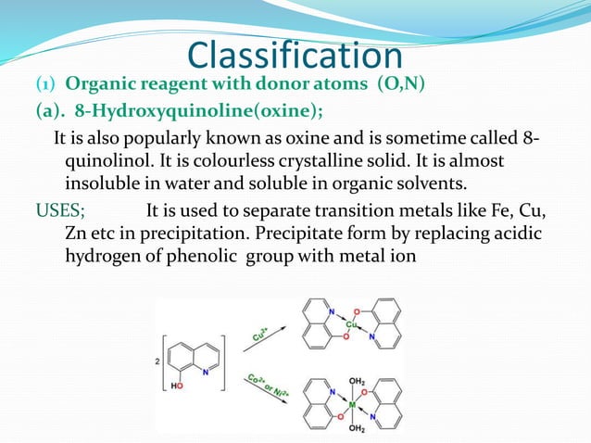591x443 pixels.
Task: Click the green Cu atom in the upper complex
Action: tap(352, 325)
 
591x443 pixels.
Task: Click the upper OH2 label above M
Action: tap(356, 380)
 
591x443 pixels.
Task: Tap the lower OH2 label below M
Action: tap(356, 427)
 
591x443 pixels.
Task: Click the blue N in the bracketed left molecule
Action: tap(207, 346)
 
